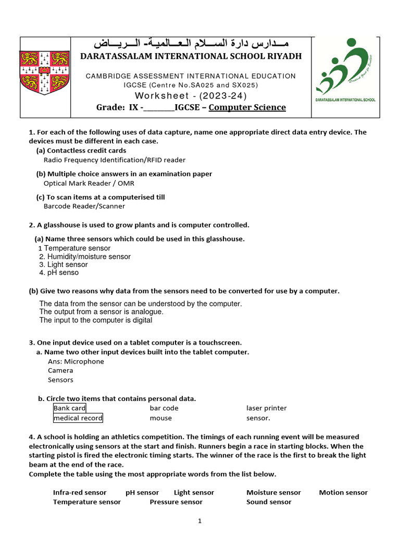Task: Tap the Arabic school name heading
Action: pos(190,43)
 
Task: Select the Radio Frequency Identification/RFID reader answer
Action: pos(114,160)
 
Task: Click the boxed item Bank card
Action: pos(69,408)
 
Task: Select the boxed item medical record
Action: pos(78,418)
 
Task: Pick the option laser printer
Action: pos(266,408)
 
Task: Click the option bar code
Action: pos(164,408)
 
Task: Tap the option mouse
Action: pos(160,418)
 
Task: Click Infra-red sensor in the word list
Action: pos(80,492)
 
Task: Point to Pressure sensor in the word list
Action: pos(176,502)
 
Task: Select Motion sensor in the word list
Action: pos(343,492)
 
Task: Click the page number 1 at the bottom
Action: pos(199,520)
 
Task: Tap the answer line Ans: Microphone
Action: pos(76,361)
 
